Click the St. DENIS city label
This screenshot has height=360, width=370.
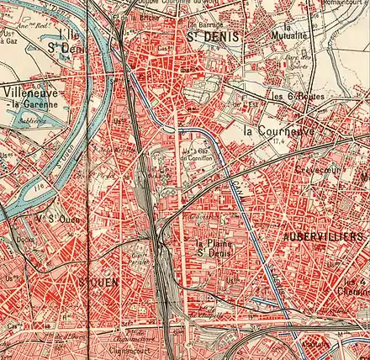tap(206, 38)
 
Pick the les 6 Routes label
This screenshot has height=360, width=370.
tap(295, 96)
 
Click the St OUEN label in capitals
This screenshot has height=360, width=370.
tap(97, 283)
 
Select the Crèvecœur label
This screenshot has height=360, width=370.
tap(314, 169)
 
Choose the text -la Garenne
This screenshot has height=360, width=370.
tap(34, 104)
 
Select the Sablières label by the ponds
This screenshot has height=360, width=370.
tap(32, 120)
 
